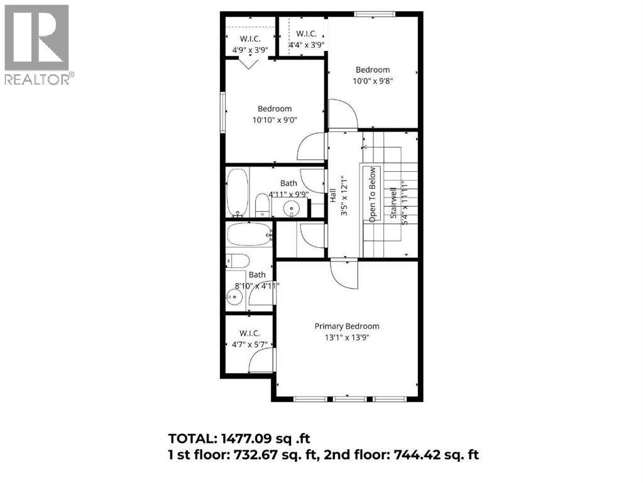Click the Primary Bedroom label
347,326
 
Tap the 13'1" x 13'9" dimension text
347,338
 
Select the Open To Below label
372,194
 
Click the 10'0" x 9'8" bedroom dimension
373,80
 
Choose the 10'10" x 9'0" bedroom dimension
274,119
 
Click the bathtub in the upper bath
237,192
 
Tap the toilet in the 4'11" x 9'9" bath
261,205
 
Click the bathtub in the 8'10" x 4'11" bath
249,235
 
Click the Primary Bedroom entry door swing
344,274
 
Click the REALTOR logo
37,45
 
